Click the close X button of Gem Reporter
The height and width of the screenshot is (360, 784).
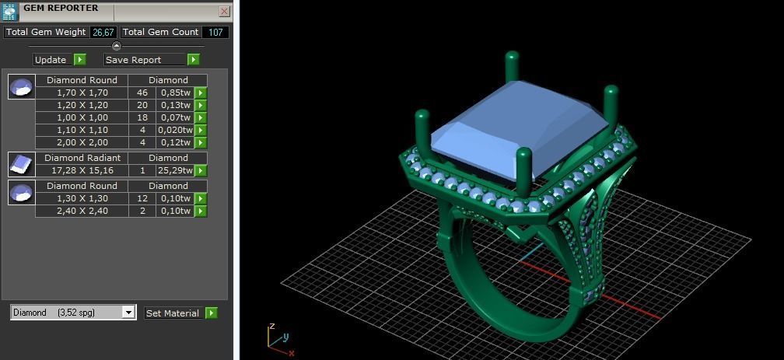point(224,12)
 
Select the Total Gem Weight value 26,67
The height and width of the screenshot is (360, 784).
point(103,33)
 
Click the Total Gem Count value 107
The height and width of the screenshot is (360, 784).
point(215,33)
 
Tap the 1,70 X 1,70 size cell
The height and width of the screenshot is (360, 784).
point(82,93)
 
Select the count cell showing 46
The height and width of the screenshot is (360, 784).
point(142,93)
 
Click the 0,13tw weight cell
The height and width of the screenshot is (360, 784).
point(175,105)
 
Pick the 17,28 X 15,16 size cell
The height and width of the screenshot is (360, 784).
point(82,170)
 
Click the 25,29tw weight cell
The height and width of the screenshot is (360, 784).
point(175,170)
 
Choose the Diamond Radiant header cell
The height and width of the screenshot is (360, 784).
point(82,158)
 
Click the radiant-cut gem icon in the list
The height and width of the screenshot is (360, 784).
point(22,164)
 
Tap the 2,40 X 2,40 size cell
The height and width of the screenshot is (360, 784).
point(82,211)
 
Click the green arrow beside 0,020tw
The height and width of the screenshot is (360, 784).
point(201,130)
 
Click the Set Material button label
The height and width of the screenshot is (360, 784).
point(173,313)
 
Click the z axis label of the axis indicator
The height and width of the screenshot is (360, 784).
point(272,327)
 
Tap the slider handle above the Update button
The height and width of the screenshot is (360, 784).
point(117,47)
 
